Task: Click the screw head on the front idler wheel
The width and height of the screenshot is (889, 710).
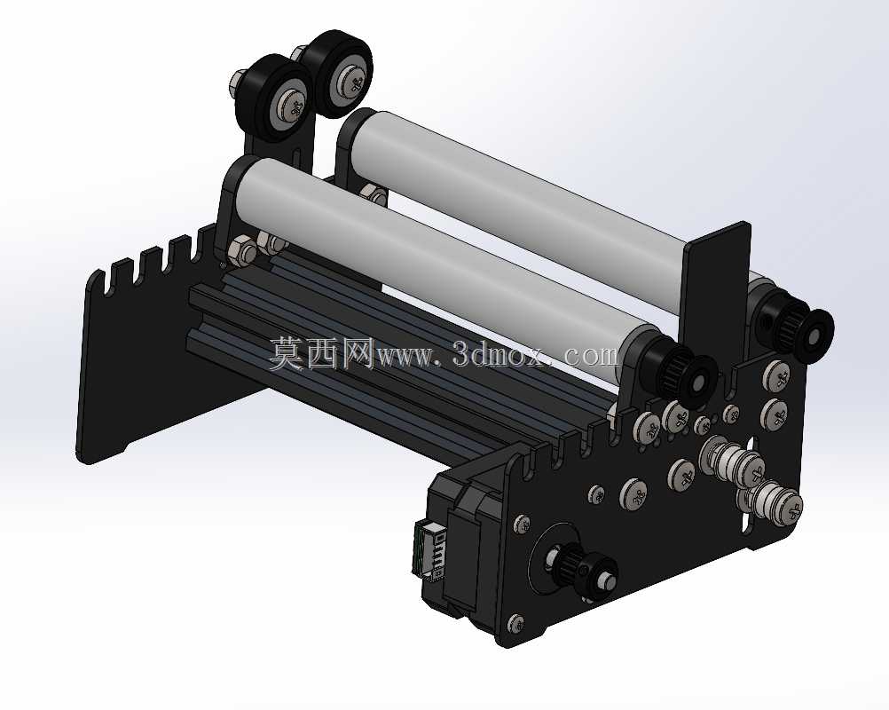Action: [x=295, y=106]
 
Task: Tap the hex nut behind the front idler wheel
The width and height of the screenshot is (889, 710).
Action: [x=238, y=81]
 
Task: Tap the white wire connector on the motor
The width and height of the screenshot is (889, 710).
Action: [x=428, y=550]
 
